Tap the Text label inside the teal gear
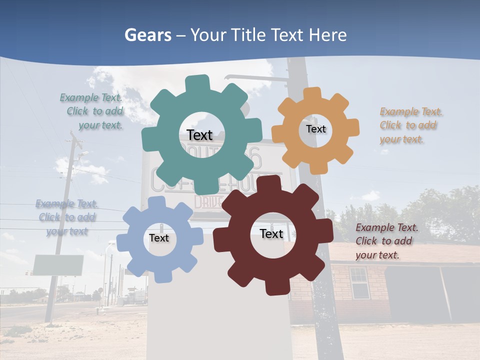(199, 135)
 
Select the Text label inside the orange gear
(315, 129)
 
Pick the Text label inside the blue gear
(159, 238)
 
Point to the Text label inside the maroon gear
(271, 233)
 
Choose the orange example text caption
(410, 125)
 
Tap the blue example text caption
(67, 217)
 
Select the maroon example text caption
(386, 241)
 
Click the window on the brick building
(358, 282)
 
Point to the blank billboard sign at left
(58, 265)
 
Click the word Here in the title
(327, 35)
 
